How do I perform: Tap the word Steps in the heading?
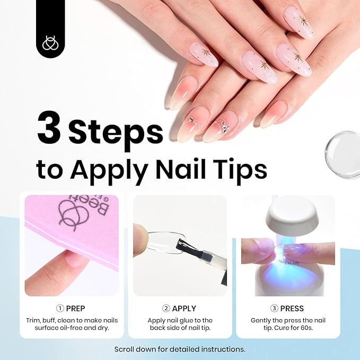point(116,132)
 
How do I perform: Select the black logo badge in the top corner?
point(50,28)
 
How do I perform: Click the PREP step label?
point(75,308)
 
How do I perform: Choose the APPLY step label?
point(184,308)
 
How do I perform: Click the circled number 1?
point(60,308)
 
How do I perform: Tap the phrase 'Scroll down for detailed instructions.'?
point(180,349)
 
